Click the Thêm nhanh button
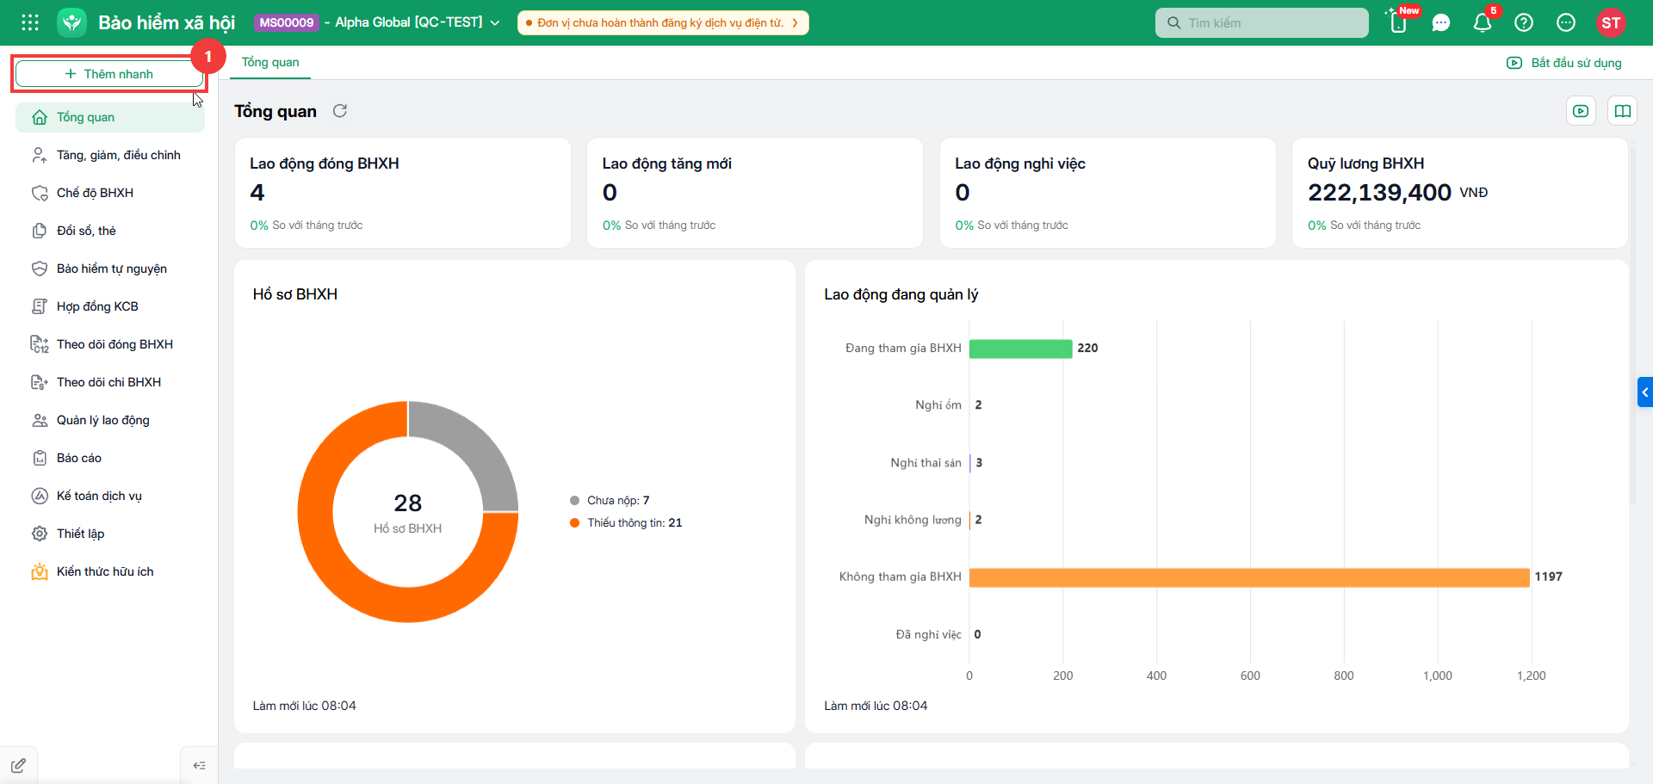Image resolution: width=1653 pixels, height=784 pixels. click(109, 74)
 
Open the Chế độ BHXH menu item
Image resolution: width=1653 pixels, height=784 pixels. click(95, 193)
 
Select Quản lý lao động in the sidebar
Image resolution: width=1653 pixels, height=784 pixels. click(102, 420)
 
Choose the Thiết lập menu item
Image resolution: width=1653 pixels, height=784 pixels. click(80, 534)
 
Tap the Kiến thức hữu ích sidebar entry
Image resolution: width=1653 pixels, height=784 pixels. click(104, 571)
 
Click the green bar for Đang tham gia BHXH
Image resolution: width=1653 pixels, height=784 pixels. click(1021, 349)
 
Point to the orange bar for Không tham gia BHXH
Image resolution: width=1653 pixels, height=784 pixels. click(1249, 577)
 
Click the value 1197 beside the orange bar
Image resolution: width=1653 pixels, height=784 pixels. click(1548, 577)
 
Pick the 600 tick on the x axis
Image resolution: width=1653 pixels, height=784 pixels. click(1250, 676)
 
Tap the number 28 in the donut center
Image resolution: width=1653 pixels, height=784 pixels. click(408, 503)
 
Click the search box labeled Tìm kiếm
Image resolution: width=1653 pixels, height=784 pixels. click(1261, 23)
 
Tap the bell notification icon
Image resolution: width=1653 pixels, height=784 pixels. click(1482, 23)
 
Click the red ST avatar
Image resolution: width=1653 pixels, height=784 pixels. click(1611, 23)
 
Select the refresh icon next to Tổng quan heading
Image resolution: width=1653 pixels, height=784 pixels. click(340, 111)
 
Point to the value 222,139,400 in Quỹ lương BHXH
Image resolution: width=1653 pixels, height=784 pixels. click(1379, 193)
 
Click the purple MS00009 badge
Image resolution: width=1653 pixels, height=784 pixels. click(287, 22)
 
